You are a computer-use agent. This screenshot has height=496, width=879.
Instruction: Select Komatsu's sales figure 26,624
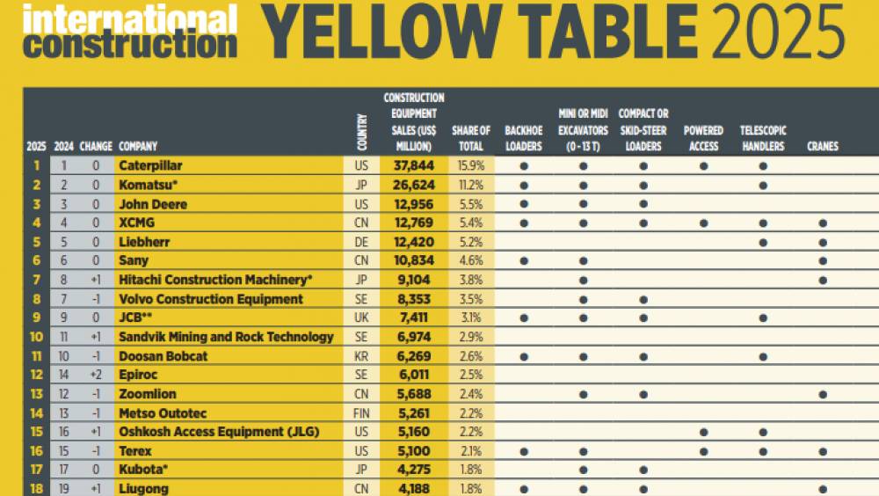(x=408, y=185)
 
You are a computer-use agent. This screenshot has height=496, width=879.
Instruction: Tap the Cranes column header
(x=822, y=147)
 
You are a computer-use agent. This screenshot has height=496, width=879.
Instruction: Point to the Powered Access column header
(x=704, y=139)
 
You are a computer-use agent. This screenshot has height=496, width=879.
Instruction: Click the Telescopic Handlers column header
(x=763, y=139)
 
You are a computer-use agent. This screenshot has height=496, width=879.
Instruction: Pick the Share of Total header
(x=471, y=139)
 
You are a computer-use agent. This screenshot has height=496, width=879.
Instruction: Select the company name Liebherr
(x=143, y=242)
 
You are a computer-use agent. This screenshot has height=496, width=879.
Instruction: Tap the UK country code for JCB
(x=361, y=317)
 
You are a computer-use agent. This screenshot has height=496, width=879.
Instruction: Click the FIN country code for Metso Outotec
(x=361, y=413)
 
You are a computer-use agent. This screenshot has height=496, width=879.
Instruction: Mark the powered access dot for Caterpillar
(x=704, y=165)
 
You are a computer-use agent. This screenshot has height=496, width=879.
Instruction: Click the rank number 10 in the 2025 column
(x=36, y=337)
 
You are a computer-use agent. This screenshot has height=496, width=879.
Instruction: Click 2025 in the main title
(x=780, y=33)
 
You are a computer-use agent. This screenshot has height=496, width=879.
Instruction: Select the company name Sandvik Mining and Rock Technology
(x=226, y=337)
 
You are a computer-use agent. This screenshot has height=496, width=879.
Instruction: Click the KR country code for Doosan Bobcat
(x=361, y=356)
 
